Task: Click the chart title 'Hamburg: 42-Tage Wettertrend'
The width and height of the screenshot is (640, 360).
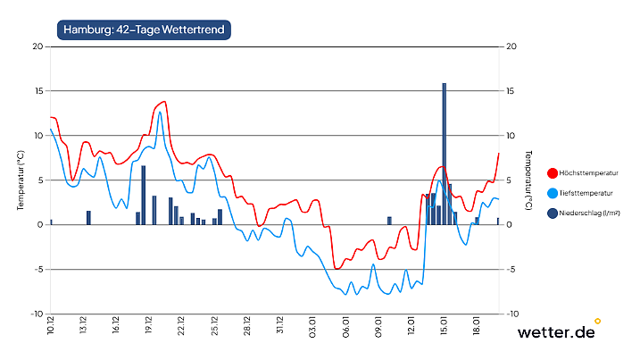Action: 144,29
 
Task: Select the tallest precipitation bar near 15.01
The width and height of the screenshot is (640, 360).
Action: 444,152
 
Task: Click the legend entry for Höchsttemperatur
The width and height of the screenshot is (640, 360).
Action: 589,172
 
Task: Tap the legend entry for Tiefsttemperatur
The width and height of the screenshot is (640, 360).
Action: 589,192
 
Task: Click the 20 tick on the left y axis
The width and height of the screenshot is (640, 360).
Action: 37,46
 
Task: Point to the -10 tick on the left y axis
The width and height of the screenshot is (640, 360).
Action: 36,314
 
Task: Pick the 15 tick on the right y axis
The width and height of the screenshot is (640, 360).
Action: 511,91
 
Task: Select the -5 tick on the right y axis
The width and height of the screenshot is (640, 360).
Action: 511,269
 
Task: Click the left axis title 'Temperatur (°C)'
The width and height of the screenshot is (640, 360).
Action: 19,180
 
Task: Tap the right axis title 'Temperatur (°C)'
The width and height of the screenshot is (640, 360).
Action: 529,180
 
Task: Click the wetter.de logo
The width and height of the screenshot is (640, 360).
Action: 558,331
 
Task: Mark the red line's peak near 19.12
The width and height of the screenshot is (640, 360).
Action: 164,102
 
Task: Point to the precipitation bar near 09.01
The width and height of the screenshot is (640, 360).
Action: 389,220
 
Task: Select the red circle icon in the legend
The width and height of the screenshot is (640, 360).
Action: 553,172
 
